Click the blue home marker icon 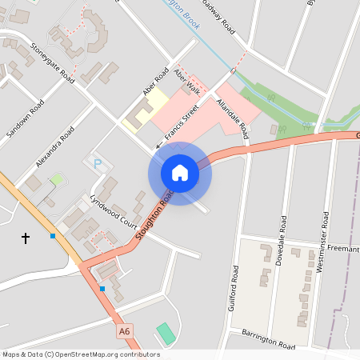pyautogui.click(x=180, y=173)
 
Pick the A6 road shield pyautogui.click(x=124, y=330)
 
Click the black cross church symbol pyautogui.click(x=25, y=238)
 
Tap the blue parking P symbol pyautogui.click(x=98, y=164)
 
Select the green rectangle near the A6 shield pyautogui.click(x=164, y=333)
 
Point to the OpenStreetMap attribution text pyautogui.click(x=70, y=354)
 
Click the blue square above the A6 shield pyautogui.click(x=102, y=288)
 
